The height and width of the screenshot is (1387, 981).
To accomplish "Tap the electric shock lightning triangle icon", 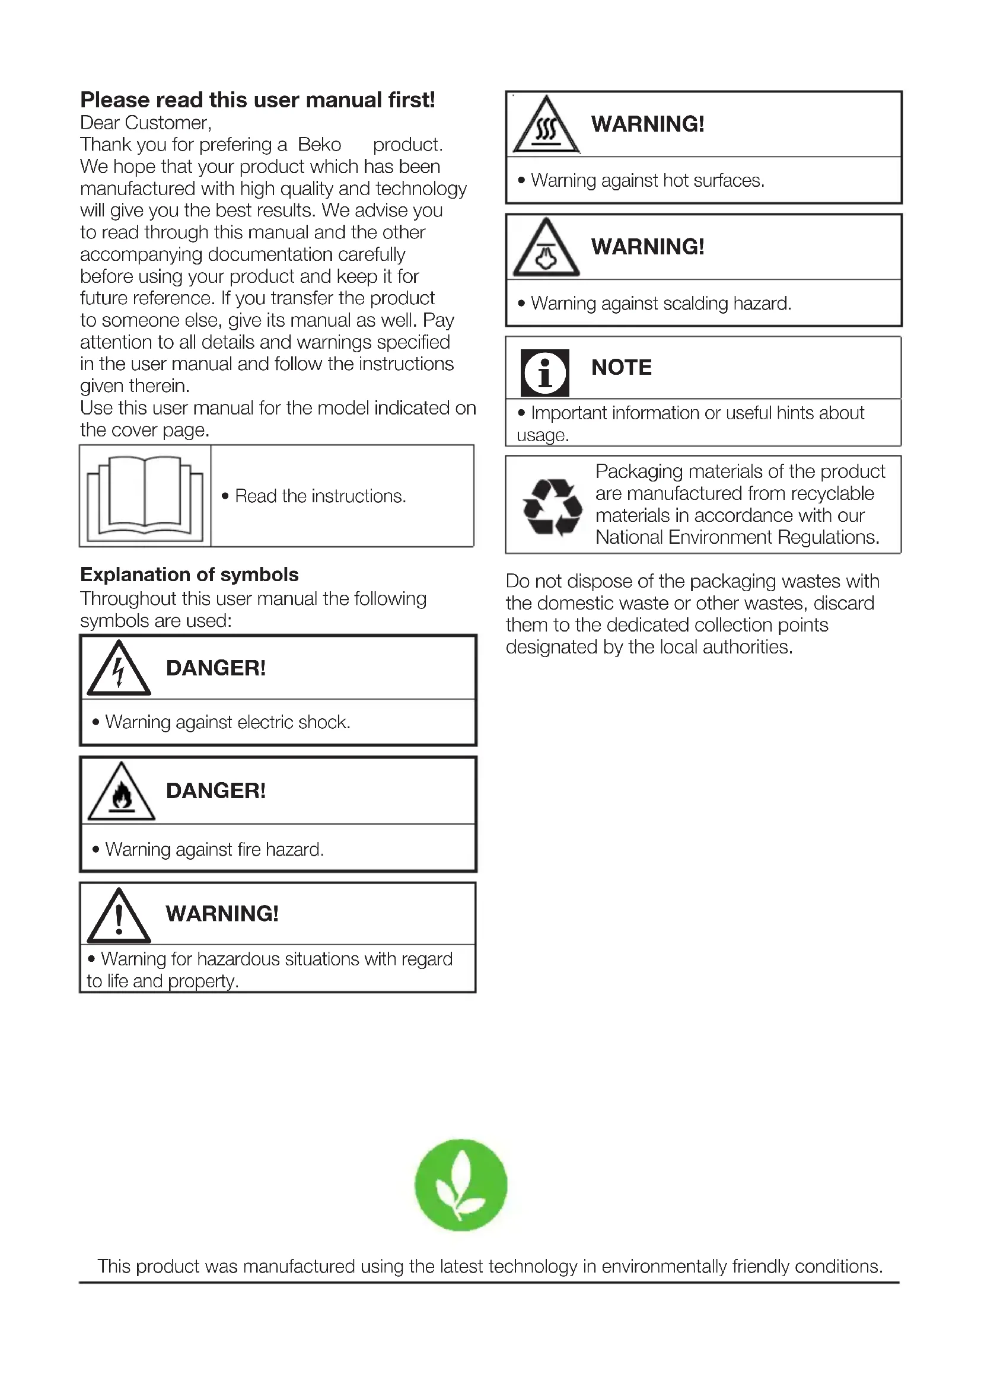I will pos(119,669).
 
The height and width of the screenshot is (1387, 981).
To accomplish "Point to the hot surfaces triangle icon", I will pos(546,126).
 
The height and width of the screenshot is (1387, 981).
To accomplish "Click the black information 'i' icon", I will pos(545,373).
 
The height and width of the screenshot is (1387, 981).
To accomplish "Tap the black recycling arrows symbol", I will pos(552,507).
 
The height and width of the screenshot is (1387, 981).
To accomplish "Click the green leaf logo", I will pos(461,1185).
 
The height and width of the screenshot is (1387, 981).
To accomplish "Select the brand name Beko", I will pos(320,145).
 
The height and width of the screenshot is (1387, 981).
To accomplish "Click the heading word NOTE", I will pos(621,367).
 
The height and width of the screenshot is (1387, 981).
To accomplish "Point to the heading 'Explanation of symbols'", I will pos(189,575).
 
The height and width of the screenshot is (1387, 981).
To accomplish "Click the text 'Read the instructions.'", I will pos(320,496).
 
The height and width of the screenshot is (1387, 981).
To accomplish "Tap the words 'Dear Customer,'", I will pos(145,123).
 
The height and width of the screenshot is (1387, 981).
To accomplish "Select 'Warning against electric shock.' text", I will pos(227,722).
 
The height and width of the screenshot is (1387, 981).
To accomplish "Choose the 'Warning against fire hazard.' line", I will pos(214,850).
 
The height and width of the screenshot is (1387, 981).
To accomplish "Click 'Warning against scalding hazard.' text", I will pos(661,303).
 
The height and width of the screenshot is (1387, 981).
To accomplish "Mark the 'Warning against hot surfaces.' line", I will pos(648,181).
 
